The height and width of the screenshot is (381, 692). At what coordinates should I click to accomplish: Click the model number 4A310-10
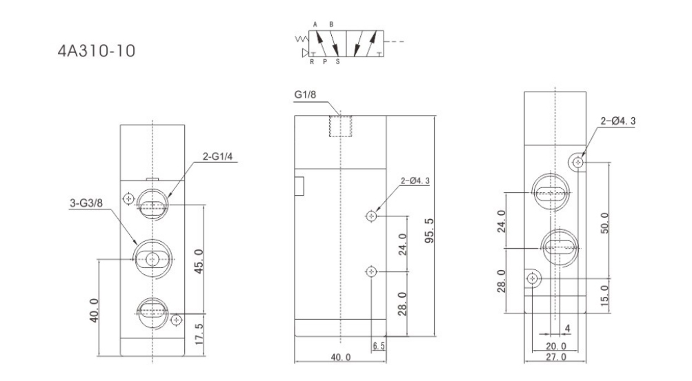[96, 51]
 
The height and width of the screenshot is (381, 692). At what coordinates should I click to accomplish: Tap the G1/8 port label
[306, 94]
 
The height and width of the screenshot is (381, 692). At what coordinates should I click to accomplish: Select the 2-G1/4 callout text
[217, 156]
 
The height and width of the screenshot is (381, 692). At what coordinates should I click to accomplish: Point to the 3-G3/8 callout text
[86, 203]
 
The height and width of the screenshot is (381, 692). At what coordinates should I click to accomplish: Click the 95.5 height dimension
[429, 230]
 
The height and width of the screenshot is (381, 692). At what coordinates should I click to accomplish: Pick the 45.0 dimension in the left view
[199, 261]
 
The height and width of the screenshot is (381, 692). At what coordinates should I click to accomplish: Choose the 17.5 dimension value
[199, 334]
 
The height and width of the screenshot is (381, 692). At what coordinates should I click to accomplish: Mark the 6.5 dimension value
[379, 346]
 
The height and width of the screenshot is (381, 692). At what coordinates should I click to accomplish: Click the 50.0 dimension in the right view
[604, 223]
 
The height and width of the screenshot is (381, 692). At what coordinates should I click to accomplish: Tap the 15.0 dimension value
[604, 296]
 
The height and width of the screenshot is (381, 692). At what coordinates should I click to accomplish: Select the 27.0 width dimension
[555, 357]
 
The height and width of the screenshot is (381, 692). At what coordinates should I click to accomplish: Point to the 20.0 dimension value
[555, 346]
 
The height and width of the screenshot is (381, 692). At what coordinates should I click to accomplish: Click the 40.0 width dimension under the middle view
[341, 357]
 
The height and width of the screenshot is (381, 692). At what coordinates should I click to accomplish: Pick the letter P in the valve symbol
[325, 62]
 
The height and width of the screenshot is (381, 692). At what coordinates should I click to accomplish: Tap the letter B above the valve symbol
[331, 25]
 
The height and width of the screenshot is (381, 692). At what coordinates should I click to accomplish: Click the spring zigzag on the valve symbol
[301, 39]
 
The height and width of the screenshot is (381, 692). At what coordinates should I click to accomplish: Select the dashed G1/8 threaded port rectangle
[341, 126]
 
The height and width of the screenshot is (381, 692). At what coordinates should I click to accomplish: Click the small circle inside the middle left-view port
[152, 260]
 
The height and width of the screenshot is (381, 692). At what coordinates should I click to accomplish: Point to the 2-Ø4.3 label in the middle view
[415, 181]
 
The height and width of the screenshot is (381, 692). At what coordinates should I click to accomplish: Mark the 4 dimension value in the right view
[568, 329]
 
